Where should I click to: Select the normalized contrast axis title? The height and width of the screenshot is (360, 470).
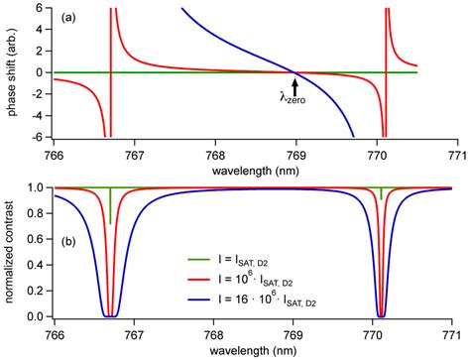[x=12, y=252]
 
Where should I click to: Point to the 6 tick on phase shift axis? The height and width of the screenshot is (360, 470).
[x=44, y=8]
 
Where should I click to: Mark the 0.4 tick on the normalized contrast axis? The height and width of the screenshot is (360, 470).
[x=38, y=265]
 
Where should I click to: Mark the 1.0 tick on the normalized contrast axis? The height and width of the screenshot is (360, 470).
[x=38, y=187]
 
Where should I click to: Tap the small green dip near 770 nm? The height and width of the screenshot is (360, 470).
[x=381, y=194]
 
